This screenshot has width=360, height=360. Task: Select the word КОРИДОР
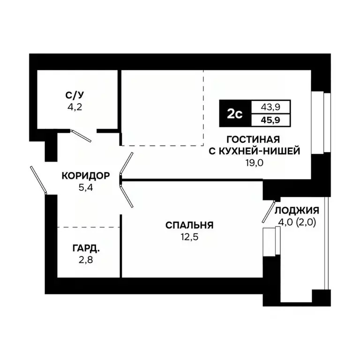[x=86, y=176]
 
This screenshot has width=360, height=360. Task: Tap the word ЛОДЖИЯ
[x=297, y=210]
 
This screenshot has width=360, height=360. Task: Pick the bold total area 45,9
[x=271, y=120]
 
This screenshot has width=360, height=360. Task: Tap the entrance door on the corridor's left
[x=38, y=180]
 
